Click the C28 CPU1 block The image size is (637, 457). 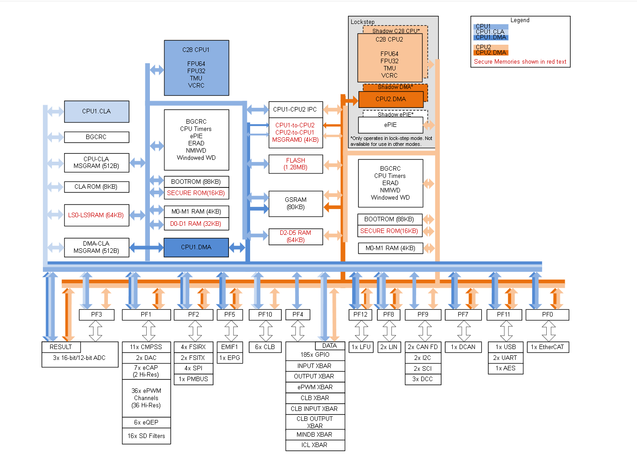tap(196, 68)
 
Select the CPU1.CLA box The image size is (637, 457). tap(97, 111)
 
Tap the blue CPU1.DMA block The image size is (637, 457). tap(196, 247)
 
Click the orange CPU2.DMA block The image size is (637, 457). tap(391, 99)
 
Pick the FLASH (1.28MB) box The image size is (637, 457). tap(295, 164)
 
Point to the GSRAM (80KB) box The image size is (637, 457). tap(295, 204)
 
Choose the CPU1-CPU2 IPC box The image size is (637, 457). tap(295, 109)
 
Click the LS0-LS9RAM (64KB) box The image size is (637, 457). tap(97, 215)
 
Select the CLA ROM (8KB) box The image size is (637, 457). tap(97, 187)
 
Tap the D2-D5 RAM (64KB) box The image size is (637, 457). tap(295, 236)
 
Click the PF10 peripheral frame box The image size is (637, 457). tap(265, 314)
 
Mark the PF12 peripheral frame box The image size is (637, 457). tap(360, 314)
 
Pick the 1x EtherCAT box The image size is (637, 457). tap(548, 347)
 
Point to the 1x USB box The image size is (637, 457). tap(506, 347)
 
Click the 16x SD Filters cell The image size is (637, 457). tap(146, 436)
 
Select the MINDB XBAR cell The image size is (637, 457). tap(315, 434)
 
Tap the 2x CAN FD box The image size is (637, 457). tap(423, 347)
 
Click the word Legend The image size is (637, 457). tap(520, 20)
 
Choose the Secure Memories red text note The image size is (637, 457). tap(520, 62)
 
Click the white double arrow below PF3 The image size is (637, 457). tap(96, 331)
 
